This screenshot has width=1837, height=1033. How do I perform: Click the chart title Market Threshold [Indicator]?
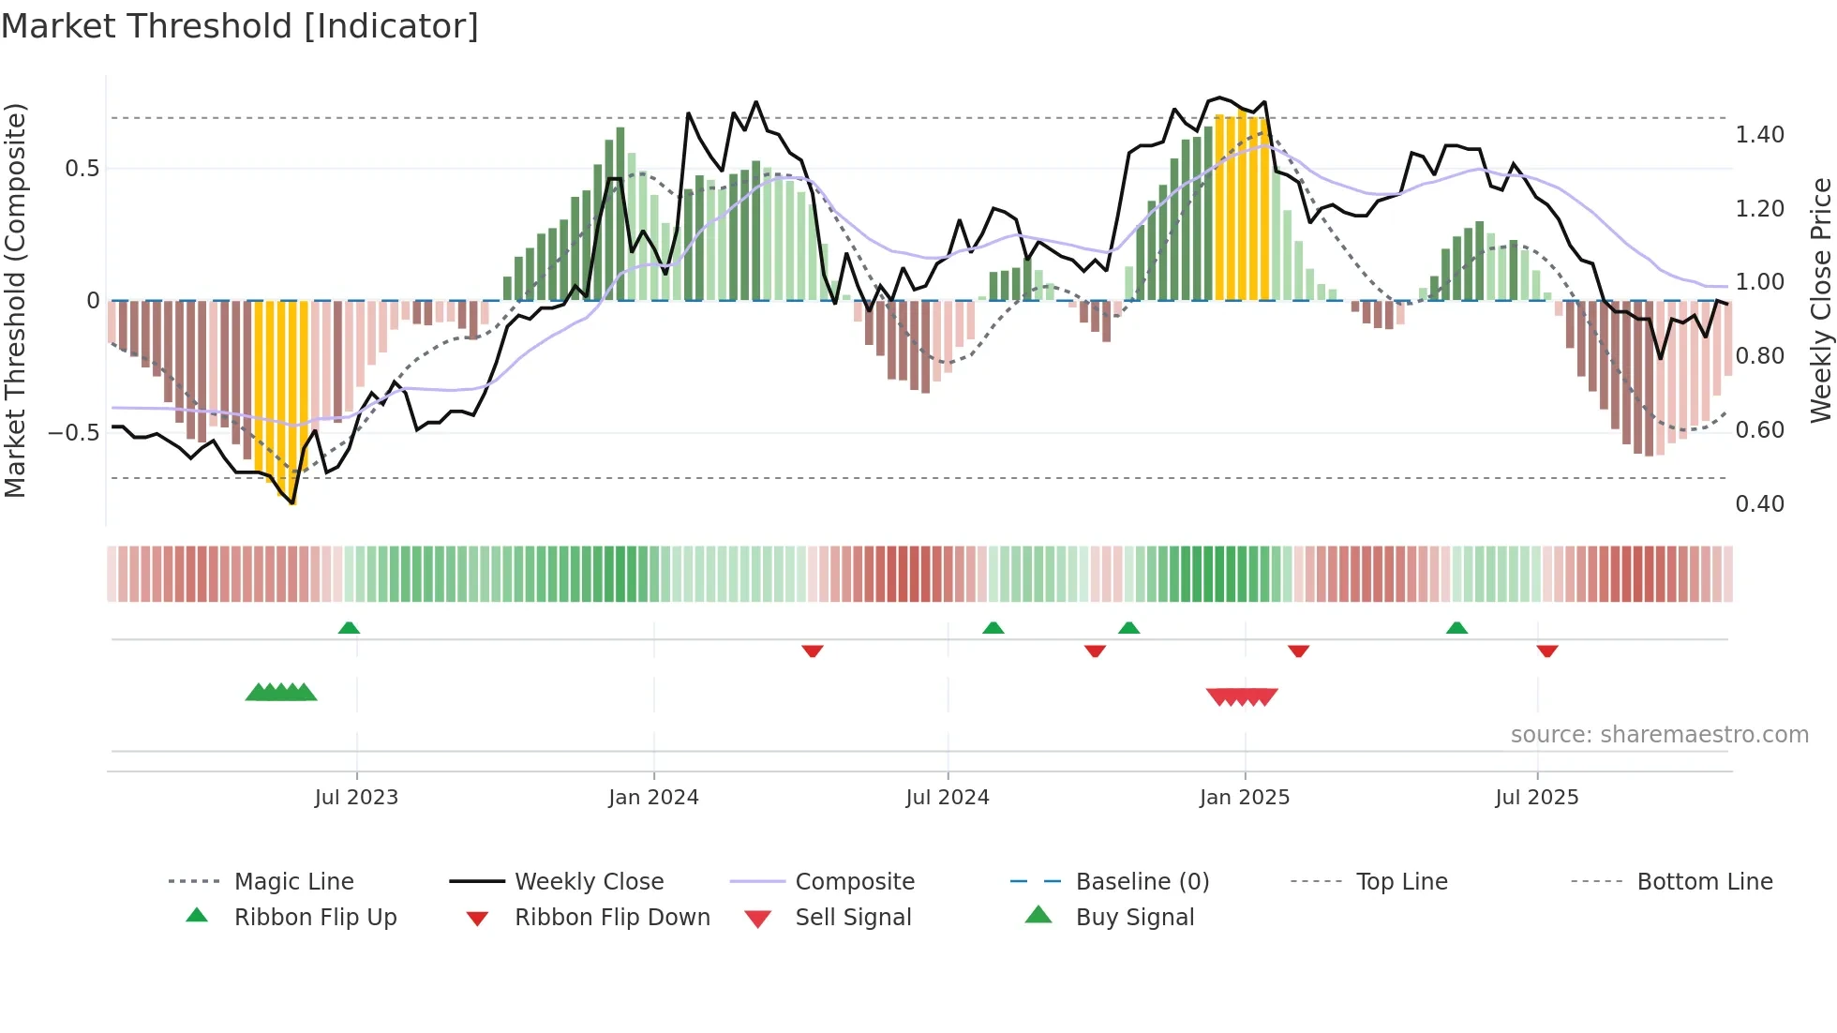click(240, 26)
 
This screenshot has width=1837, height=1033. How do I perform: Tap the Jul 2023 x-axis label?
click(356, 798)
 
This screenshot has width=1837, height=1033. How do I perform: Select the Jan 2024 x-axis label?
click(653, 798)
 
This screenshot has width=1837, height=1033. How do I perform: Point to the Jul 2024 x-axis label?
click(948, 798)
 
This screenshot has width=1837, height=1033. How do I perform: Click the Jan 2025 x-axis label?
click(1245, 798)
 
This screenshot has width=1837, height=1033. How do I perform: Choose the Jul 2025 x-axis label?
click(1537, 798)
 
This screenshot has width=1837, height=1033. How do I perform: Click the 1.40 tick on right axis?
click(1759, 135)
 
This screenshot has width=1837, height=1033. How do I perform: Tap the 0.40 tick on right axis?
click(1759, 504)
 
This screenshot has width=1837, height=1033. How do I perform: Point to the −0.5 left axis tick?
click(73, 433)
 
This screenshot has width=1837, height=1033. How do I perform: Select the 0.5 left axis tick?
click(82, 169)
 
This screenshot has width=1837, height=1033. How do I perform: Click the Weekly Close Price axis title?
click(1820, 300)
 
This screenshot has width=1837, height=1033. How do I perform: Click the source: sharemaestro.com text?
click(1659, 735)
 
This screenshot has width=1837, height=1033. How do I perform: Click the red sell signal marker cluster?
click(1242, 696)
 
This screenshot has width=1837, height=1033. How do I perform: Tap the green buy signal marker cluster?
click(281, 693)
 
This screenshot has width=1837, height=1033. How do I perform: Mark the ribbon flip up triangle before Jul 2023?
click(349, 628)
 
